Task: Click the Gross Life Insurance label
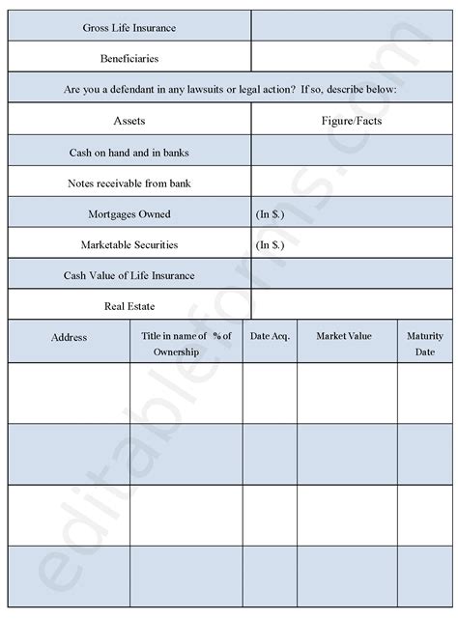tap(129, 27)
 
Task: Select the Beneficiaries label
tap(129, 58)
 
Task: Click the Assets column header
tap(129, 121)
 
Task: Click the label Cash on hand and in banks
tap(129, 152)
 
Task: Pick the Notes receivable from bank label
tap(129, 183)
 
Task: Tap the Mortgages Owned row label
tap(129, 213)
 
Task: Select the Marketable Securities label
tap(129, 244)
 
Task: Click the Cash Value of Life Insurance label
tap(129, 275)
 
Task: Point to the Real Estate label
tap(129, 306)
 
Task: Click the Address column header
tap(69, 337)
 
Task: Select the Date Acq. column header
tap(269, 336)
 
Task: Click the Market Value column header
tap(345, 336)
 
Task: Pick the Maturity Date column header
tap(425, 344)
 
